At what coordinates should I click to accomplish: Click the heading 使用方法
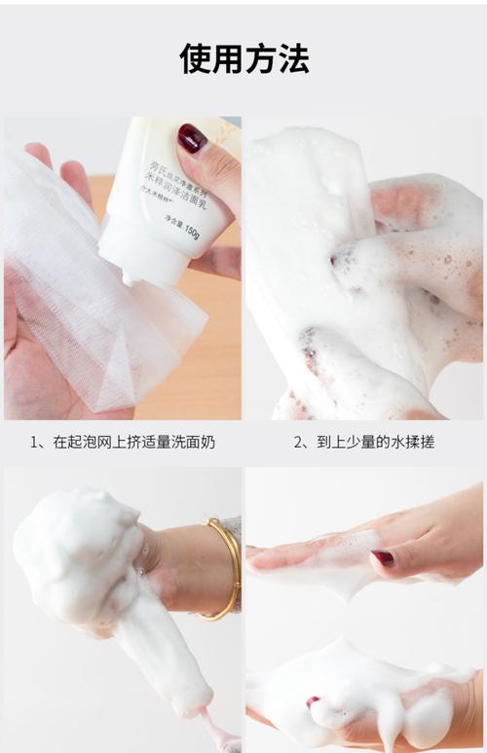tap(243, 58)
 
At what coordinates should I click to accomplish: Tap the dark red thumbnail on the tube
tap(192, 138)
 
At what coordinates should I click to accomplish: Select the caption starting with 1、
tap(122, 442)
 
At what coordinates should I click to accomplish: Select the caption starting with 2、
tap(363, 442)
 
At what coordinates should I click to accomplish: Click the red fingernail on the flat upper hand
tap(383, 558)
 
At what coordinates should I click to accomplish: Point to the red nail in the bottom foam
tap(313, 701)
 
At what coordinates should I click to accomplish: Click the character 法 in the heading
tap(293, 58)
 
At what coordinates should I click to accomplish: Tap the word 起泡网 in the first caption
tap(82, 442)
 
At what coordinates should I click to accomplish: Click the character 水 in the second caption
tap(390, 442)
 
